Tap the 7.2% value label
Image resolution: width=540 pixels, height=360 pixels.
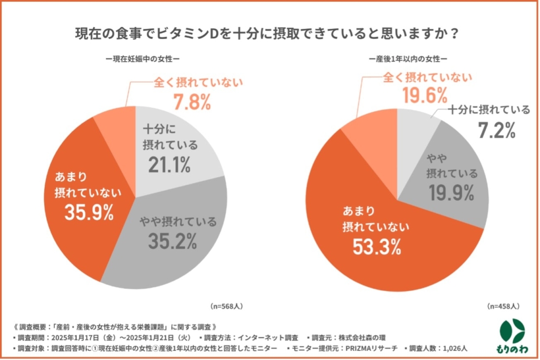496,130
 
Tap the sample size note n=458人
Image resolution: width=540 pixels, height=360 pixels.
504,305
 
